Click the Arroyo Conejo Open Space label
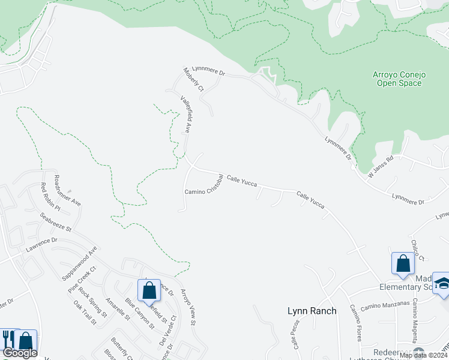[399, 79]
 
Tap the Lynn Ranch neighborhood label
[312, 310]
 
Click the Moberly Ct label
[194, 79]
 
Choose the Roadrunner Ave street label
[67, 190]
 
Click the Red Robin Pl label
[50, 197]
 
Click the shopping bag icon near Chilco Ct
[403, 263]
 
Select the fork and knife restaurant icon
[8, 339]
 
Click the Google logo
[19, 353]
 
